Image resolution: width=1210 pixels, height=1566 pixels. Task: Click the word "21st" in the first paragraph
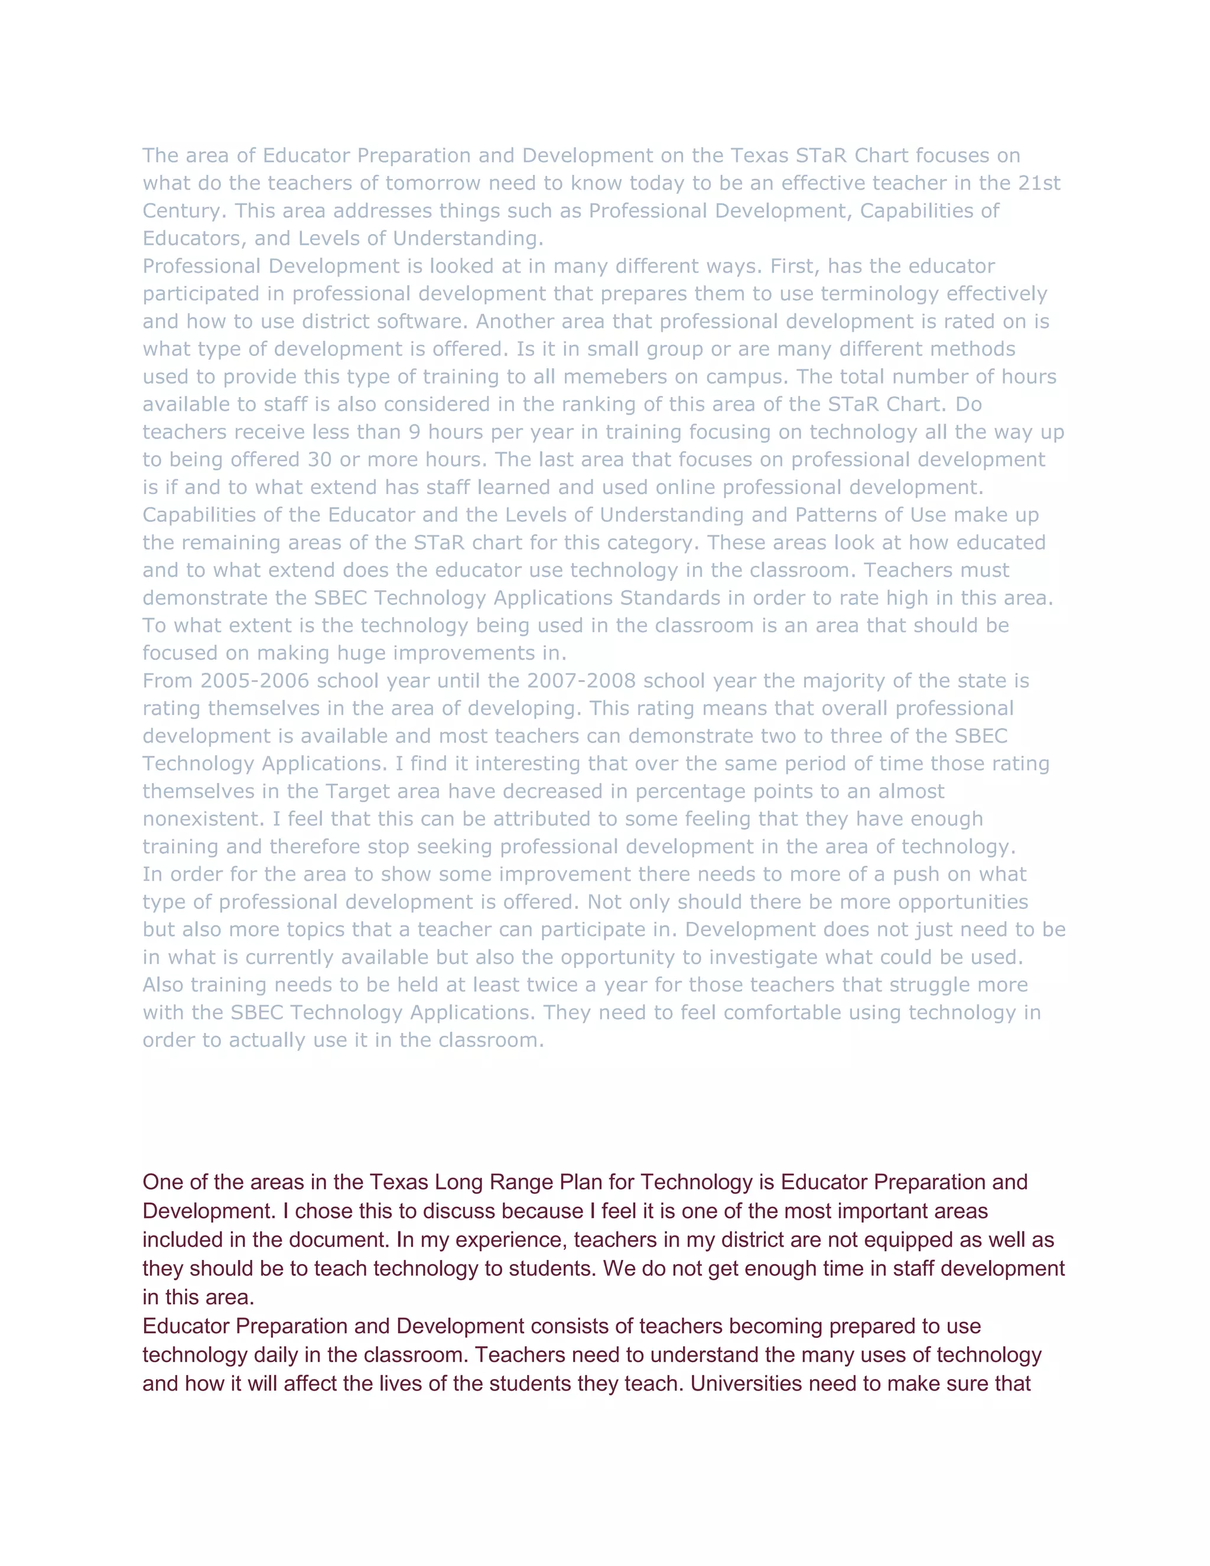pos(1039,184)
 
